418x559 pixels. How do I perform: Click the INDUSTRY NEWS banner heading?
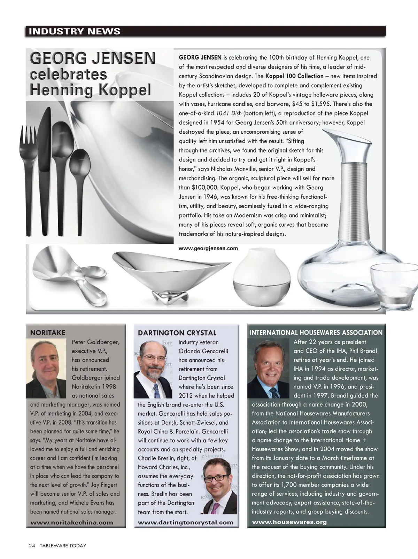point(75,31)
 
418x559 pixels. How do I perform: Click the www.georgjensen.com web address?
point(208,249)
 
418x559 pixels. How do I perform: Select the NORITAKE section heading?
point(48,333)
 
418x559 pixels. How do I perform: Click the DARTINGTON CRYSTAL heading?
point(177,333)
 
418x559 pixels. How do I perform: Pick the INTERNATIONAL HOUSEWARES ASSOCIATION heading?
point(316,333)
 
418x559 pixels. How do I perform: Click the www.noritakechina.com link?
point(72,522)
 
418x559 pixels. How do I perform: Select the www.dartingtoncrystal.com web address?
point(186,522)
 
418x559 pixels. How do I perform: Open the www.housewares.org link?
point(289,522)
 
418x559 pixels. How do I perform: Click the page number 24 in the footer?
point(32,545)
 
